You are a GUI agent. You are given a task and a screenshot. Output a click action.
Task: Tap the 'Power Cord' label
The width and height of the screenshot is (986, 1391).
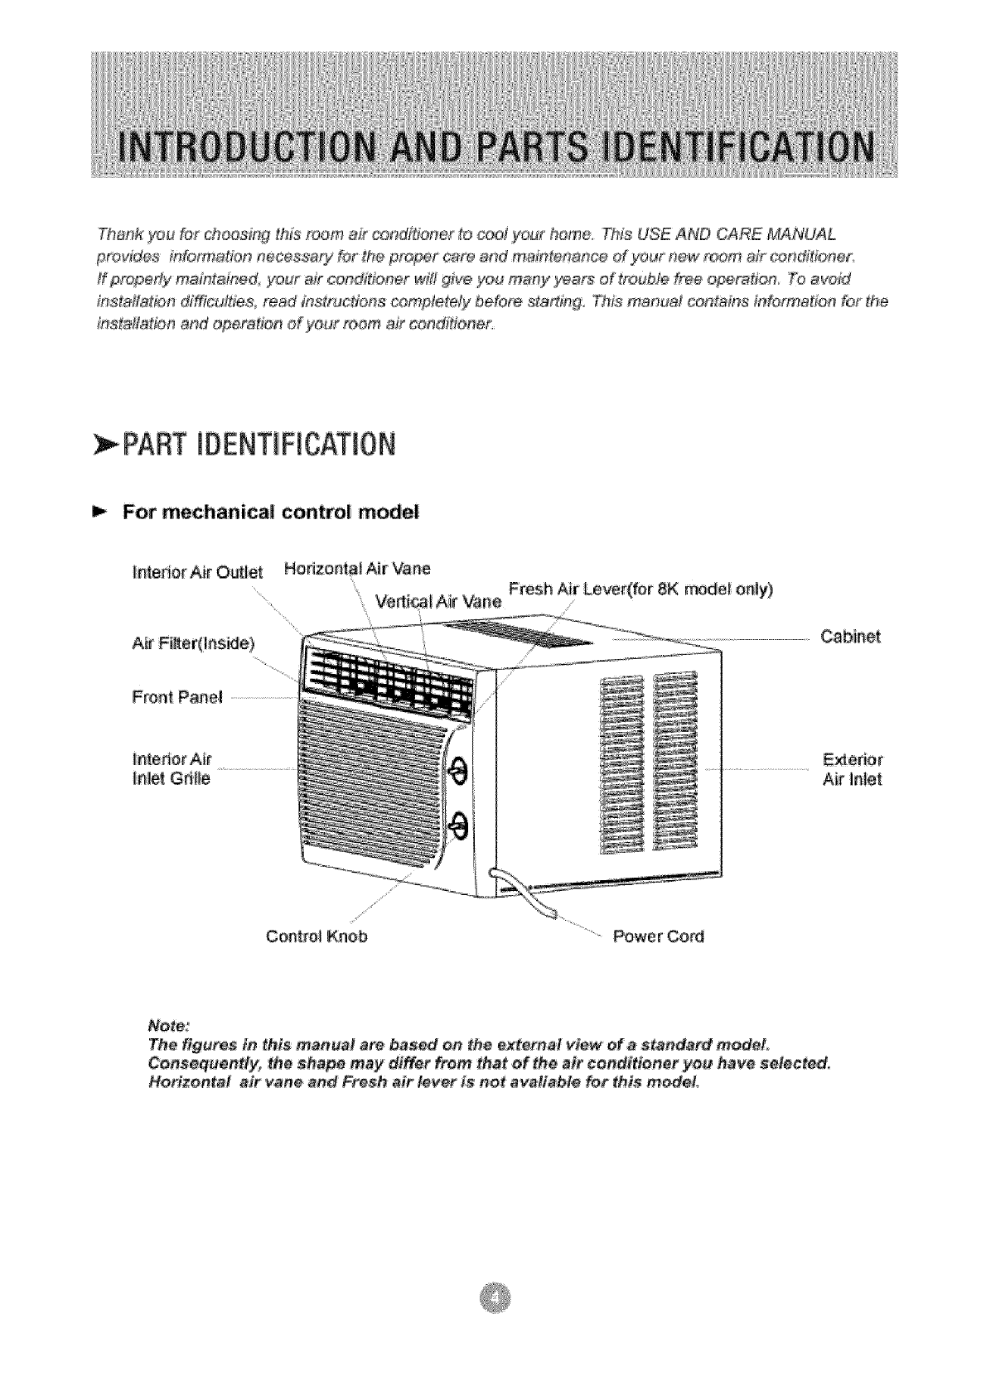657,936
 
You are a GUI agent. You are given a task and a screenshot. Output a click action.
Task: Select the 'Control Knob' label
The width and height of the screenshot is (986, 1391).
316,936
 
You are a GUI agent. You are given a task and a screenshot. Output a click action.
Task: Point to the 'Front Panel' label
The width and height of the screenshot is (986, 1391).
177,696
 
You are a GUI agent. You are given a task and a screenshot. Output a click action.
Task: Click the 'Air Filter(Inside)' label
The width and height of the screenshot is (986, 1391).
195,643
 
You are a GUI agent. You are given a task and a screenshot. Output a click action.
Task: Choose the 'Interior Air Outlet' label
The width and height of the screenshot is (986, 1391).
197,572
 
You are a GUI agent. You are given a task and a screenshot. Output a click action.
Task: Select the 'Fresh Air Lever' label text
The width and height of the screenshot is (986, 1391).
640,589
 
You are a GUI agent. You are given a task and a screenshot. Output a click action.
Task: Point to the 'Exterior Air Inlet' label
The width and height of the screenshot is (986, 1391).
853,769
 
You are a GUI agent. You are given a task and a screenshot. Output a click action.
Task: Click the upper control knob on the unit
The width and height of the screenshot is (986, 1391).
457,773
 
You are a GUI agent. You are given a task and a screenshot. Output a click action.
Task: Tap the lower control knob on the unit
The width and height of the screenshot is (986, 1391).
457,825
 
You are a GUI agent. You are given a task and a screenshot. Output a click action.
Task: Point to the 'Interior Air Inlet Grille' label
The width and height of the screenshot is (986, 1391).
172,768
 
